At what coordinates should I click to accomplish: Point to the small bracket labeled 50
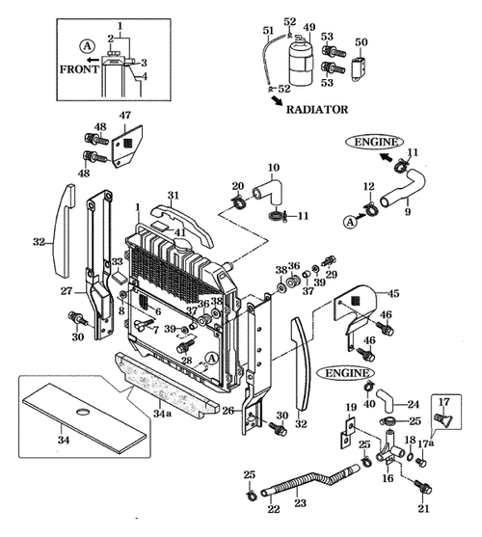[361, 66]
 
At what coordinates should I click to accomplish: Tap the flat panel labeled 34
[87, 416]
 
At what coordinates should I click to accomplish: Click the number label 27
[67, 289]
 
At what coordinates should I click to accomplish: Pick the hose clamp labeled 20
[239, 201]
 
